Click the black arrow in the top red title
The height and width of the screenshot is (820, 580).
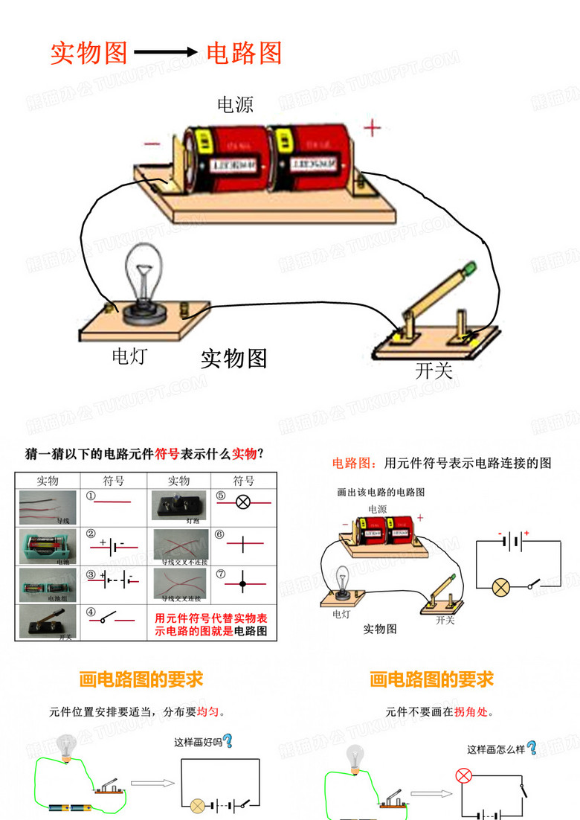pos(166,53)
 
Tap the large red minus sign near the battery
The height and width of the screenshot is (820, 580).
pos(152,144)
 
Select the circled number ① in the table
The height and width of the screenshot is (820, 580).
pos(91,496)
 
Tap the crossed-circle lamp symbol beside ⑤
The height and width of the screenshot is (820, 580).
pos(242,502)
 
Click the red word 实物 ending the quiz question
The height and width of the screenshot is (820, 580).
pos(245,453)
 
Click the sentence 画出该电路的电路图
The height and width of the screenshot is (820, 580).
pos(381,493)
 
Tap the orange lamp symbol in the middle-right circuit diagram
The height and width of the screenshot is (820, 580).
pos(501,587)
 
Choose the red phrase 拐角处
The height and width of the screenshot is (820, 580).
pos(471,712)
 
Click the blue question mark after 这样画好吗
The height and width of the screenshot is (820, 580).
pos(228,741)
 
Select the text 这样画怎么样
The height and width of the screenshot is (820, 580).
pos(496,749)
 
